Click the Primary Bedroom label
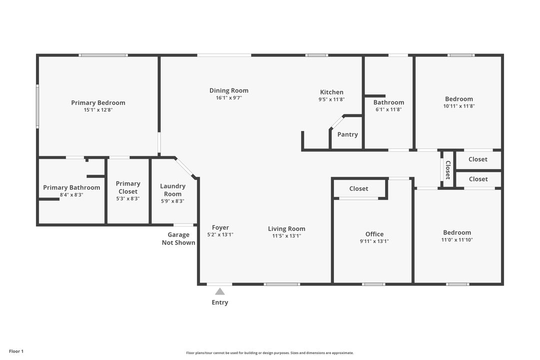coord(98,103)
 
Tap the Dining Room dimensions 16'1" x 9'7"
coord(228,98)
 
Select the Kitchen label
coord(331,92)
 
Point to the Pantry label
coord(347,134)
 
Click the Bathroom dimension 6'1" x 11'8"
coord(388,109)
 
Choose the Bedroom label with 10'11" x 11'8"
coord(458,99)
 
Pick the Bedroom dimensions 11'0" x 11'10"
coord(457,240)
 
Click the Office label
coord(374,234)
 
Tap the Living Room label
coord(286,229)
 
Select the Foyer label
coord(220,227)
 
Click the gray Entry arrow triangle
coord(220,291)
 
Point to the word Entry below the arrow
coord(220,302)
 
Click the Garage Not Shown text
coord(178,238)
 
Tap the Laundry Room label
coord(172,190)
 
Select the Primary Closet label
coord(128,187)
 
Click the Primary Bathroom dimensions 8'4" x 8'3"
coord(71,195)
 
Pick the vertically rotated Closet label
coord(448,170)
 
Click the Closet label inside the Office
coord(358,188)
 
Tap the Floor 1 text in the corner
coord(16,351)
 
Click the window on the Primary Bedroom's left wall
coord(37,106)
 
